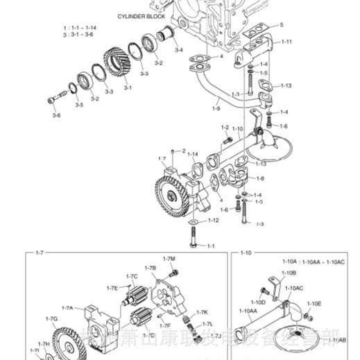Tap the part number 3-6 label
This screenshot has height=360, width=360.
(56, 115)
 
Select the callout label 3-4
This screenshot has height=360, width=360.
(178, 50)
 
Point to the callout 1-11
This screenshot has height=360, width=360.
(286, 42)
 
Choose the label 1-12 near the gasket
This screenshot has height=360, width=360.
(214, 220)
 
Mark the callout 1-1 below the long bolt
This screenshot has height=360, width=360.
(210, 246)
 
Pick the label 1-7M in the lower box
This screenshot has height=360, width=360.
(169, 259)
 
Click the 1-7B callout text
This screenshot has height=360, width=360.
(150, 268)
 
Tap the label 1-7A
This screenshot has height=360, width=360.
(67, 307)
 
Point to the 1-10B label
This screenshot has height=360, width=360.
(289, 273)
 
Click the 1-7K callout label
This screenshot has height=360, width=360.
(202, 312)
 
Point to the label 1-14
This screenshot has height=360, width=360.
(193, 154)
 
